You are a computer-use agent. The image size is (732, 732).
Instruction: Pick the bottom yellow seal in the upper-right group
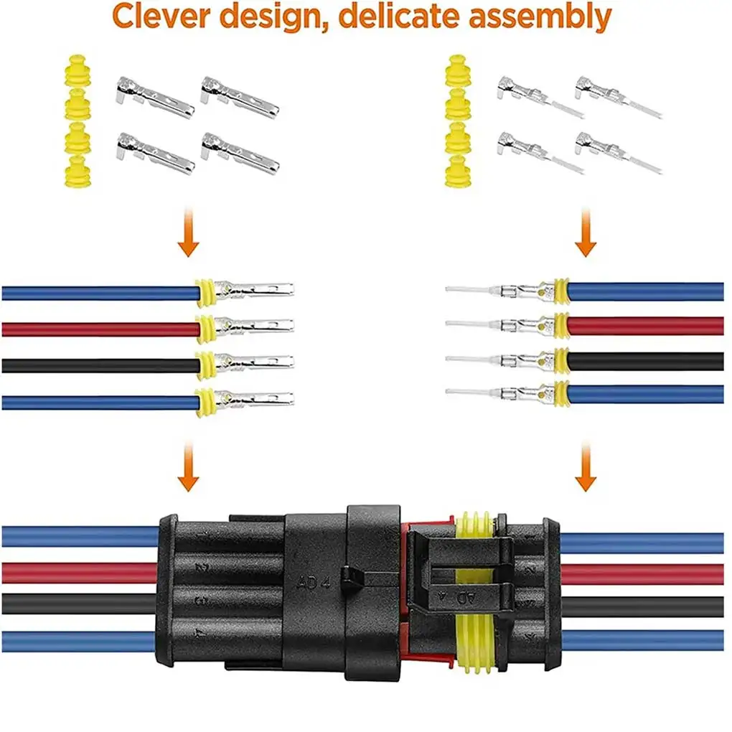point(457,173)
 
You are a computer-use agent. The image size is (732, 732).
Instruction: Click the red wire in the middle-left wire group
point(100,329)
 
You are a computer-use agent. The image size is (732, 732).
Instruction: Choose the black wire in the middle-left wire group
point(100,365)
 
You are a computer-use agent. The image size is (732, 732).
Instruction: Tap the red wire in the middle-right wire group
point(646,325)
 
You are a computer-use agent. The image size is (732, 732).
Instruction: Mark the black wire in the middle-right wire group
point(646,360)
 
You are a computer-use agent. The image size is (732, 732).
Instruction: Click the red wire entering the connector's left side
point(79,572)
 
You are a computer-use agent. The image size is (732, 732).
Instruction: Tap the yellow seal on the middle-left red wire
point(205,329)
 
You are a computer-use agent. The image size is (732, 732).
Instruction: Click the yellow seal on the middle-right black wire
point(560,360)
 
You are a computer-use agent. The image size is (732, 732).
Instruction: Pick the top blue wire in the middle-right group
point(646,291)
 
